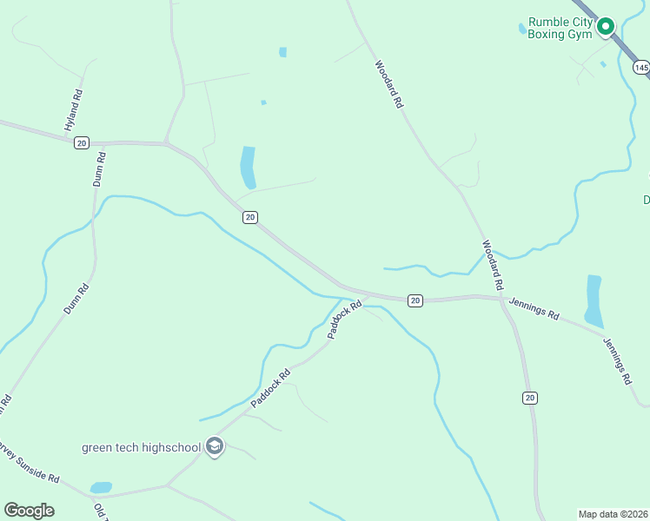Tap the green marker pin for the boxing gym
click(607, 27)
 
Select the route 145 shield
click(641, 67)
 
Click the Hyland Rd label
click(74, 110)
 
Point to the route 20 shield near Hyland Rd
click(81, 142)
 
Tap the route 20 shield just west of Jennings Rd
click(415, 300)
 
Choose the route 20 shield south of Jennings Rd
click(530, 398)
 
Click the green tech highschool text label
click(142, 448)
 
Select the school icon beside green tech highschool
click(215, 447)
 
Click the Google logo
click(29, 511)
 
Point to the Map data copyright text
click(614, 514)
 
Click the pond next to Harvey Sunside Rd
click(101, 488)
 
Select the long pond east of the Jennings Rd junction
click(594, 300)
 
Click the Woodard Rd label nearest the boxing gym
click(389, 83)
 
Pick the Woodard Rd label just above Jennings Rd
click(493, 265)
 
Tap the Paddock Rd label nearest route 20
click(344, 320)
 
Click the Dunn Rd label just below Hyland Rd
click(98, 169)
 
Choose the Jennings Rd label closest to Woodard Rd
click(534, 308)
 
